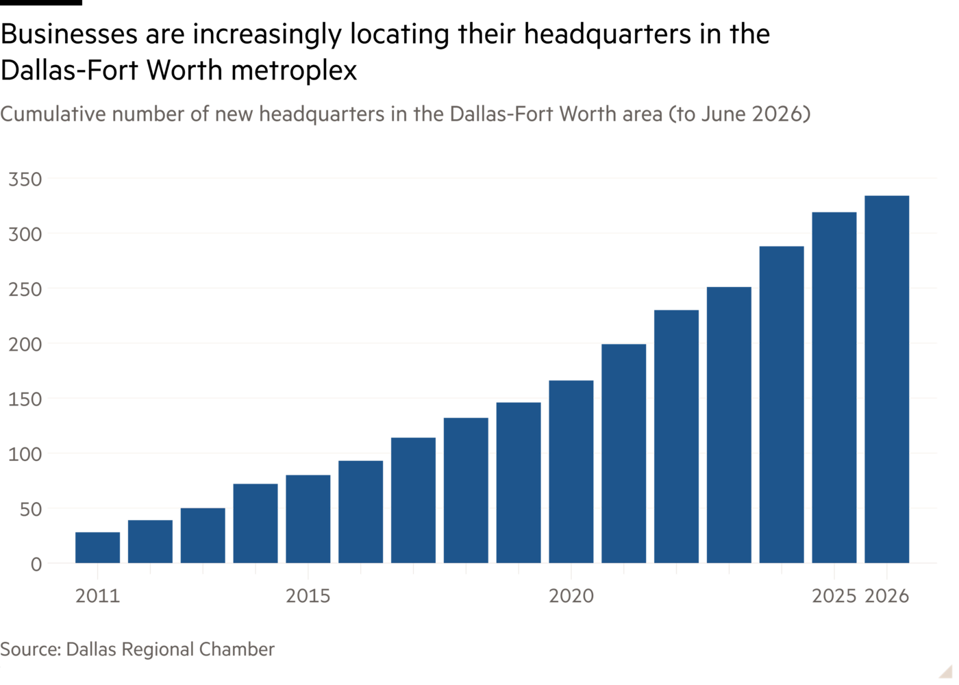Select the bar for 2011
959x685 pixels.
[x=97, y=547]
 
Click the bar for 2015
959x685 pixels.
[x=308, y=519]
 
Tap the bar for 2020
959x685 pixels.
[x=571, y=471]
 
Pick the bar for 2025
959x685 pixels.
[x=834, y=388]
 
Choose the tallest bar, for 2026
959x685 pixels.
[x=886, y=379]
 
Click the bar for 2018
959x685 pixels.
[x=466, y=490]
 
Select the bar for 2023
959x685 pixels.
[x=729, y=425]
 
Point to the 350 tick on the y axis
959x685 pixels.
[x=25, y=179]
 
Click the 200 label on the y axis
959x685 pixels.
[x=25, y=344]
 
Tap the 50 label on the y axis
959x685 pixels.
[x=31, y=510]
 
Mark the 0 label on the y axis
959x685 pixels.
[x=36, y=564]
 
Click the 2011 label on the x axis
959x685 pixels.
[x=97, y=595]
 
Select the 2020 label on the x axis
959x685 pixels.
[x=571, y=595]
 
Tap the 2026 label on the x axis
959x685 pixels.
[x=886, y=595]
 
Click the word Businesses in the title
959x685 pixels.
[x=69, y=34]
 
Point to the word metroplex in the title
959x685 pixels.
[x=294, y=71]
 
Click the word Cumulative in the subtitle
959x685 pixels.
[x=53, y=114]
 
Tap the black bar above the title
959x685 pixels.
[x=40, y=3]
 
